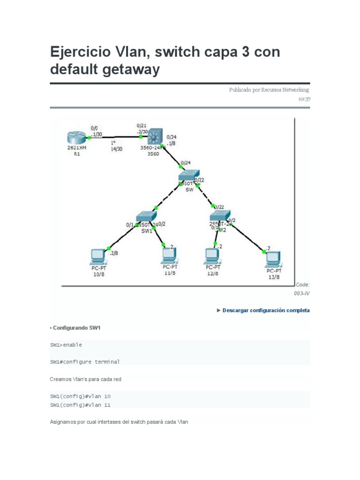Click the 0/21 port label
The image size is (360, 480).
pyautogui.click(x=141, y=126)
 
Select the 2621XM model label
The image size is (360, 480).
pyautogui.click(x=77, y=148)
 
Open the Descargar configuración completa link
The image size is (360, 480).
pyautogui.click(x=266, y=310)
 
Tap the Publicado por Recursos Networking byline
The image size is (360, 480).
pyautogui.click(x=269, y=90)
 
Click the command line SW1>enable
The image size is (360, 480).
pyautogui.click(x=66, y=345)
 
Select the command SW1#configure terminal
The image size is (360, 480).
pyautogui.click(x=85, y=362)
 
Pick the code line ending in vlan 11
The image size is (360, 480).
pyautogui.click(x=80, y=405)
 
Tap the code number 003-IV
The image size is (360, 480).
pyautogui.click(x=302, y=293)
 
